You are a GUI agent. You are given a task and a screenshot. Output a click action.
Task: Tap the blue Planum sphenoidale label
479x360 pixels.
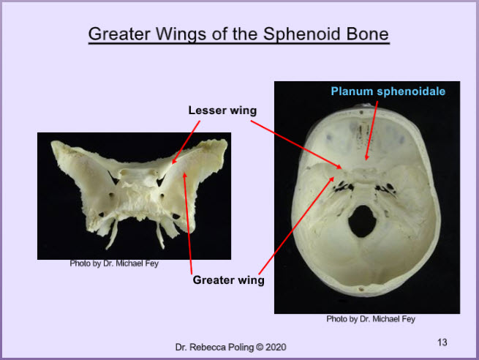(388, 91)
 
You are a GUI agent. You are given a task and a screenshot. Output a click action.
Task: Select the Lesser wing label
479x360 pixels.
(222, 110)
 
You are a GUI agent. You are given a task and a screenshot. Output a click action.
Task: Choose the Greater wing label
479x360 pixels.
(228, 280)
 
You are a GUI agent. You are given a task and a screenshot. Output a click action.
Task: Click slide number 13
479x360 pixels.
(442, 342)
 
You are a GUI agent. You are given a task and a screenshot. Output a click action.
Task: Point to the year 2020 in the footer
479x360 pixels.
(276, 347)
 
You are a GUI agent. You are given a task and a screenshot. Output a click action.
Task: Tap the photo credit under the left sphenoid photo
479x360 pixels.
(114, 263)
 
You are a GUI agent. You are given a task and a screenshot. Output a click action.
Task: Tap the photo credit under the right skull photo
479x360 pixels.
(371, 319)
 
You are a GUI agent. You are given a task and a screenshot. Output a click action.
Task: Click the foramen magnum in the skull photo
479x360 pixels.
(363, 221)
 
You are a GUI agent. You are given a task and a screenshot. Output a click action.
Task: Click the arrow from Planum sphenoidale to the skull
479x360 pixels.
(372, 130)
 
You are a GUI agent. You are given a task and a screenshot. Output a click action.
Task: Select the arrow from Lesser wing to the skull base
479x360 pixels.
(296, 145)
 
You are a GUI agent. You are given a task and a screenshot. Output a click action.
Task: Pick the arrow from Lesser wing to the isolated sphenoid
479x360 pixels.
(186, 143)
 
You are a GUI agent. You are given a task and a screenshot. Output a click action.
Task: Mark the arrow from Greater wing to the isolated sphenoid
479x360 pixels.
(187, 223)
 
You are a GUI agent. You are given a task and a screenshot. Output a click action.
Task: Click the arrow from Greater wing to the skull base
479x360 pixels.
(296, 225)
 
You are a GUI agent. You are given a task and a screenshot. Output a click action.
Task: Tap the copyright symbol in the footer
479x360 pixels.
(260, 347)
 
